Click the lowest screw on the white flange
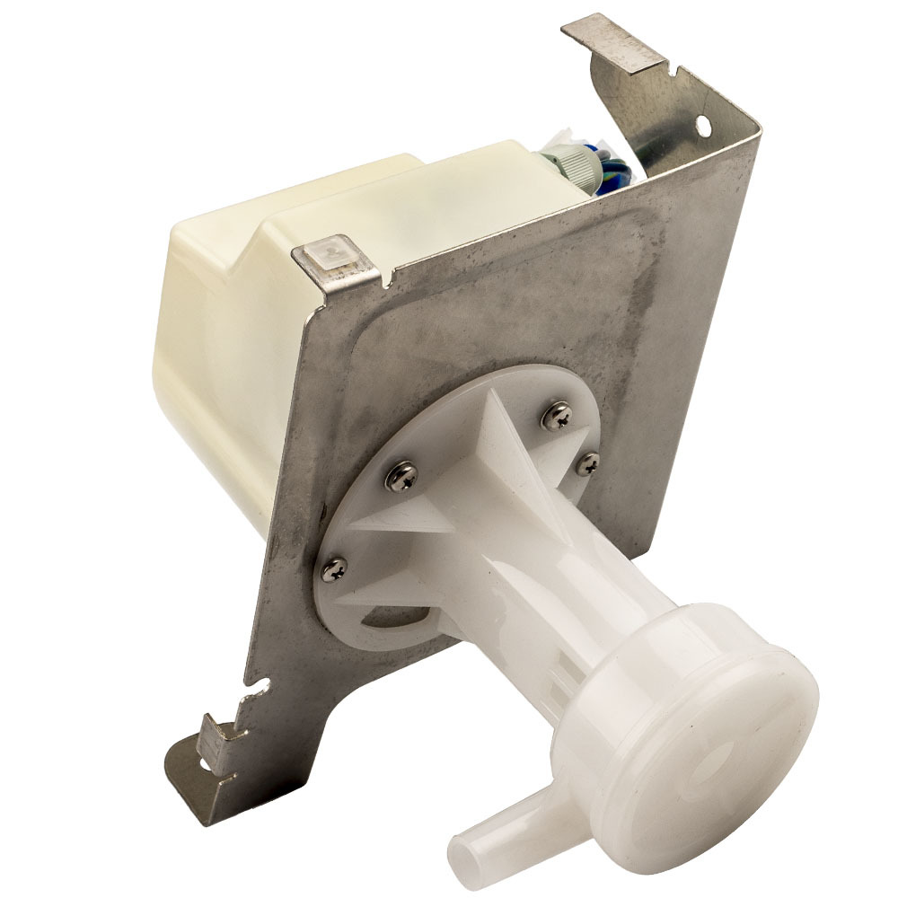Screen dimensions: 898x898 coord(333,567)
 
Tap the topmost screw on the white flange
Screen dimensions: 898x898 coord(559,414)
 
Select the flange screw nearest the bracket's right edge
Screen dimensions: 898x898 coord(587,463)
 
